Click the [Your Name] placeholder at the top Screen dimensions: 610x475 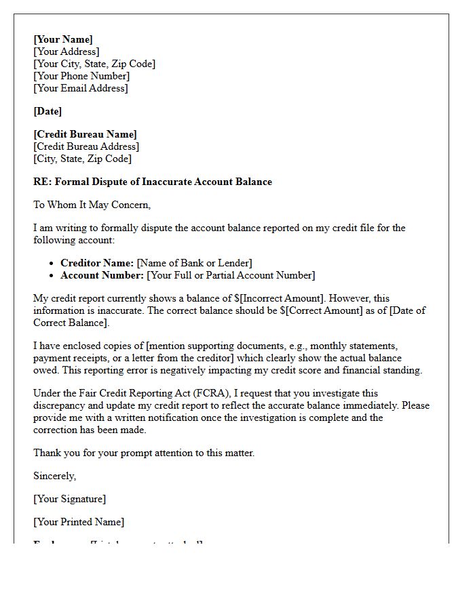(63, 39)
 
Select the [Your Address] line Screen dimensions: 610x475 (66, 52)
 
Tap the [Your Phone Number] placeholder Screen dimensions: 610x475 (81, 76)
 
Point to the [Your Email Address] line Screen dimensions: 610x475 (81, 88)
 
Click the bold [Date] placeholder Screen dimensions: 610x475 (47, 111)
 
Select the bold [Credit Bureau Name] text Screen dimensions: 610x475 (85, 134)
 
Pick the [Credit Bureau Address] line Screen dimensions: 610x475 (86, 146)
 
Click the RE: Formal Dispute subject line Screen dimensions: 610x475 (153, 182)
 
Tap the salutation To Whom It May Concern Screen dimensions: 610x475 (92, 205)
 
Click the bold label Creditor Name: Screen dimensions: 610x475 (97, 263)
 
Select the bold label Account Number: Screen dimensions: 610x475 (102, 275)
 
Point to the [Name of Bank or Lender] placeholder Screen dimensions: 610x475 (194, 263)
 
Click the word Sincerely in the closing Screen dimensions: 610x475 (55, 476)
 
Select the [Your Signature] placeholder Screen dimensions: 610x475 (69, 499)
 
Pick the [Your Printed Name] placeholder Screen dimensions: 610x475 (79, 522)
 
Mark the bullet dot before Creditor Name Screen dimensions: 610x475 (53, 263)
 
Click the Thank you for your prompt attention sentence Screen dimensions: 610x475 (144, 453)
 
